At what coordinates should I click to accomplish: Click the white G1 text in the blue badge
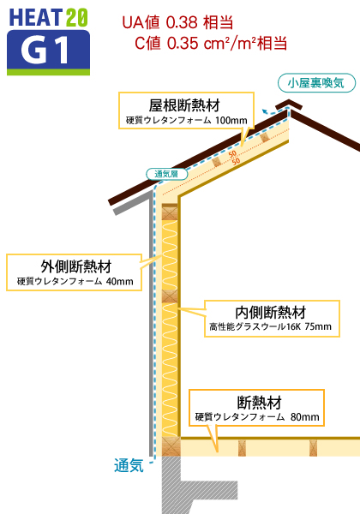pos(45,50)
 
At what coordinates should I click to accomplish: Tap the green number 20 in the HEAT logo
pos(77,17)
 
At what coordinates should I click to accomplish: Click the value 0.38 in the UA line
pos(182,22)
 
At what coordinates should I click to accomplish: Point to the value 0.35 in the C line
pos(183,44)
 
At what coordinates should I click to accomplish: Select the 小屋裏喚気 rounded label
pos(316,83)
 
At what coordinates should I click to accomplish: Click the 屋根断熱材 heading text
pos(184,105)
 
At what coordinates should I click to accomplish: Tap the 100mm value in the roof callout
pos(231,120)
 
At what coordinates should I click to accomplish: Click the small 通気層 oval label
pos(166,174)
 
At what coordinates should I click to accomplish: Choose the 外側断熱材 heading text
pos(76,266)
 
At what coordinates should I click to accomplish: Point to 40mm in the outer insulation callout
pos(120,281)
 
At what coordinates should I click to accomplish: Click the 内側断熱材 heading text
pos(271,313)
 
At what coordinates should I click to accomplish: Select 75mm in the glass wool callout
pos(318,326)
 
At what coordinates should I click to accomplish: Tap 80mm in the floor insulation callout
pos(304,417)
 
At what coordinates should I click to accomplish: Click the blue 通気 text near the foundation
pos(129,465)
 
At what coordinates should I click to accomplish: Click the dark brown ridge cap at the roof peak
pos(289,105)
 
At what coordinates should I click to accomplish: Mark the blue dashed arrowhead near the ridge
pos(264,111)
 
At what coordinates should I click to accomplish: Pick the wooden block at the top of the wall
pos(170,212)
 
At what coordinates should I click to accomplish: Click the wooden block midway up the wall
pos(170,296)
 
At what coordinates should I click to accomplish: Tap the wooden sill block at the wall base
pos(171,446)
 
